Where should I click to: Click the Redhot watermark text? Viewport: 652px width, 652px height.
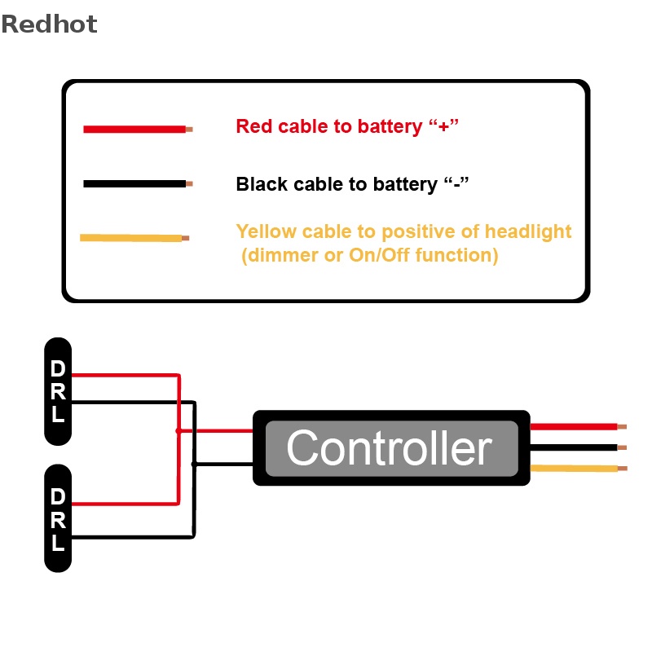[x=49, y=24]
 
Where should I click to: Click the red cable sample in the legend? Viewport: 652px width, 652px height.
[x=134, y=129]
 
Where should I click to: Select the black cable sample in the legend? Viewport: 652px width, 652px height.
[x=134, y=184]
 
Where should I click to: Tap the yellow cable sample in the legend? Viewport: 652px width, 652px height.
[x=130, y=238]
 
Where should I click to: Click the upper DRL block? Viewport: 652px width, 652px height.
[x=58, y=391]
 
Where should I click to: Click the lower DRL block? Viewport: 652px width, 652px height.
[x=58, y=519]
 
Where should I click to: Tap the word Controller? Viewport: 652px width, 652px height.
[x=390, y=448]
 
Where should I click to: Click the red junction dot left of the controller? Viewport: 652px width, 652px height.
[x=178, y=430]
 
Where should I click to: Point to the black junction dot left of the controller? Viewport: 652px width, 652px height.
[x=193, y=464]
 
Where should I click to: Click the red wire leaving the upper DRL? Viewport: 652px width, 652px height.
[x=122, y=376]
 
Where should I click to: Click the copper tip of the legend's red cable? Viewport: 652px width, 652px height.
[x=189, y=129]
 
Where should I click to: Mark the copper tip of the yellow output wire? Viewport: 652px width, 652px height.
[x=623, y=468]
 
